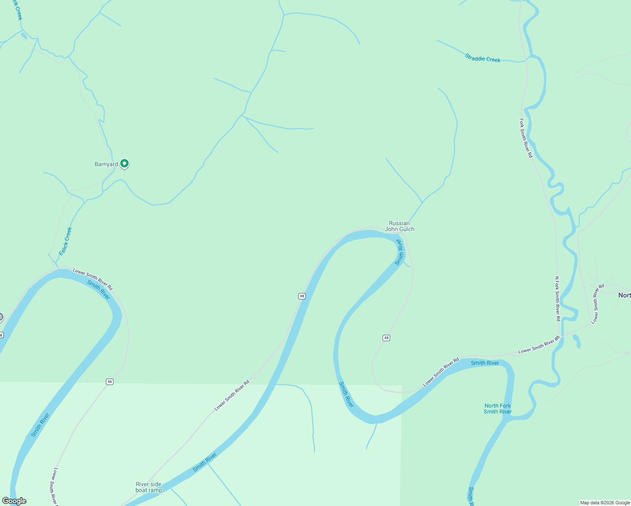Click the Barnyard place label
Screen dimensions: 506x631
click(x=106, y=164)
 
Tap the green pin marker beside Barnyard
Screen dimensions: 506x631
click(x=124, y=163)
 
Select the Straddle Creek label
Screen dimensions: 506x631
click(x=483, y=58)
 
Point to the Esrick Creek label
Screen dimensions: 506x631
click(x=65, y=241)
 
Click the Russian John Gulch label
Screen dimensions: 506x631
click(x=399, y=226)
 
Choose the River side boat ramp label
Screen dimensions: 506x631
click(x=148, y=487)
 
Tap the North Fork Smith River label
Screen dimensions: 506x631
click(x=498, y=409)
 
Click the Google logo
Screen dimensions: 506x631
click(x=14, y=501)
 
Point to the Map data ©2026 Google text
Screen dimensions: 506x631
click(x=605, y=503)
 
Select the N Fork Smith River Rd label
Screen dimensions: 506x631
click(x=557, y=299)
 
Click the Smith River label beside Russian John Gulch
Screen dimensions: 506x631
click(x=399, y=252)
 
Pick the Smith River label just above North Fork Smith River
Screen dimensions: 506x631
click(x=485, y=363)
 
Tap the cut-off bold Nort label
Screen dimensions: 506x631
click(x=624, y=295)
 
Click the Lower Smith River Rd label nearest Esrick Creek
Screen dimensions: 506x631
click(x=93, y=279)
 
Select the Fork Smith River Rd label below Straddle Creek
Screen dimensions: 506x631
click(x=526, y=138)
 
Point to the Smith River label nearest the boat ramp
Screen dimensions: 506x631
click(x=205, y=463)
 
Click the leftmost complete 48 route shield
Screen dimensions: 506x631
click(x=110, y=382)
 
